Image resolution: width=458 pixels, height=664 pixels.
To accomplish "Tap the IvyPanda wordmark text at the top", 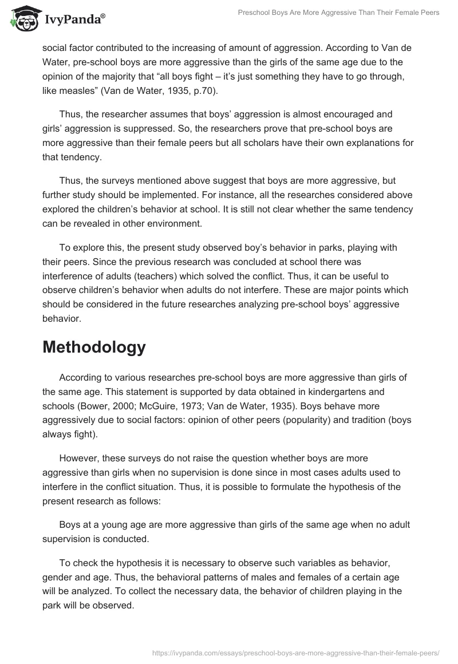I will pos(74,19).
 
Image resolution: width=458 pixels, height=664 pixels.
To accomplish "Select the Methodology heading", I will pos(94,347).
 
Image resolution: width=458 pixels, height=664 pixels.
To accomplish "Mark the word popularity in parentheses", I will pos(293,419).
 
